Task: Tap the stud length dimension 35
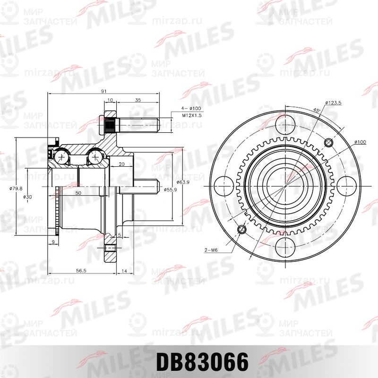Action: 137,100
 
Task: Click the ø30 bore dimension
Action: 27,197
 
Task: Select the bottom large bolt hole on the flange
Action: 285,246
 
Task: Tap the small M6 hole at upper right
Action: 329,141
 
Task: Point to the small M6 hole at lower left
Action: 242,230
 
